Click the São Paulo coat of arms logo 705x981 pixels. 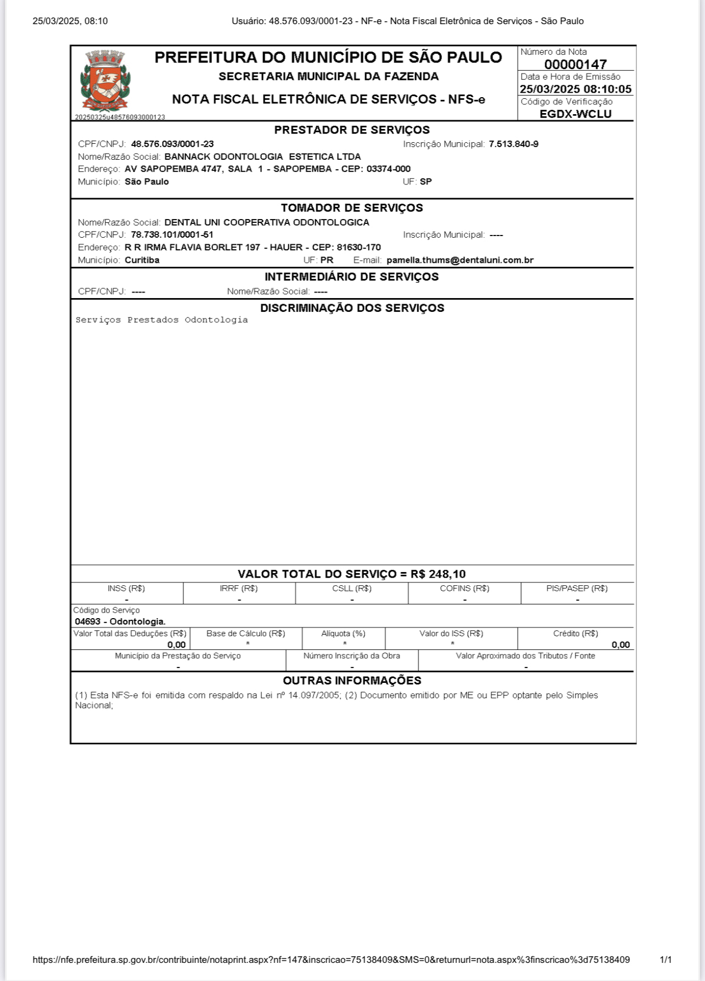point(104,81)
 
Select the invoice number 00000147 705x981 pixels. point(575,64)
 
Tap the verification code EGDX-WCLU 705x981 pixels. point(575,114)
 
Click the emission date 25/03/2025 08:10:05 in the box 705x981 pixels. point(575,89)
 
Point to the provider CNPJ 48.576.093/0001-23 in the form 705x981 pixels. point(172,144)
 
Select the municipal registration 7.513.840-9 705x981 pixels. point(513,144)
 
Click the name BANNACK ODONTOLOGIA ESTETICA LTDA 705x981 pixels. point(262,156)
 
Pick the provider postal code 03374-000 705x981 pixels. point(388,169)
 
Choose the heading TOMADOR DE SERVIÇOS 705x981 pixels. point(352,208)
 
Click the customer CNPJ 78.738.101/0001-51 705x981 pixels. point(172,234)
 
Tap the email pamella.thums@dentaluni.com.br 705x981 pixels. point(460,260)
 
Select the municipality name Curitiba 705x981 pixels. point(142,260)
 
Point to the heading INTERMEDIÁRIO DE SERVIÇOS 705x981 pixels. point(352,277)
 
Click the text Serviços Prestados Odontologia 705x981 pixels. point(161,320)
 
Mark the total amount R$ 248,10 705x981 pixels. point(438,574)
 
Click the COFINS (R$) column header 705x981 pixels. point(465,588)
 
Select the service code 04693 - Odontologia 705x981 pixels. point(120,621)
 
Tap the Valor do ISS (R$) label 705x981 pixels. point(451,634)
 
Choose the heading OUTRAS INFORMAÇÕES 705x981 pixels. point(352,681)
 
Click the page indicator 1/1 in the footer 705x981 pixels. point(665,960)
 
